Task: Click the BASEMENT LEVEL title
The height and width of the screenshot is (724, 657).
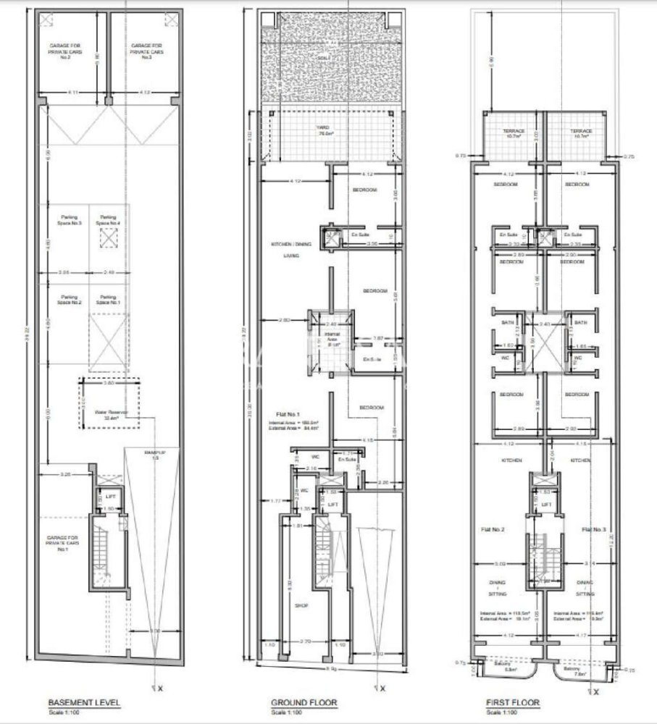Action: click(x=84, y=702)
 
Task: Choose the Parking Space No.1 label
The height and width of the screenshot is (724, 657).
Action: click(x=108, y=300)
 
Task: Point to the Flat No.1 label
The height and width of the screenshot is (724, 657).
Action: click(x=280, y=414)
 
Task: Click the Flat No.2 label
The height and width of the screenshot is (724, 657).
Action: click(x=493, y=529)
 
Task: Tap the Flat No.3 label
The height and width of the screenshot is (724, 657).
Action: click(x=593, y=529)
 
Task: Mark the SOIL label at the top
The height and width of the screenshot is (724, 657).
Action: click(x=324, y=57)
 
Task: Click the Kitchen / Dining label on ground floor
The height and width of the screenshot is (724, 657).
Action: click(x=290, y=245)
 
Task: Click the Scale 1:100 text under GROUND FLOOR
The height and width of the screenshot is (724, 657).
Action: click(x=285, y=713)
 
